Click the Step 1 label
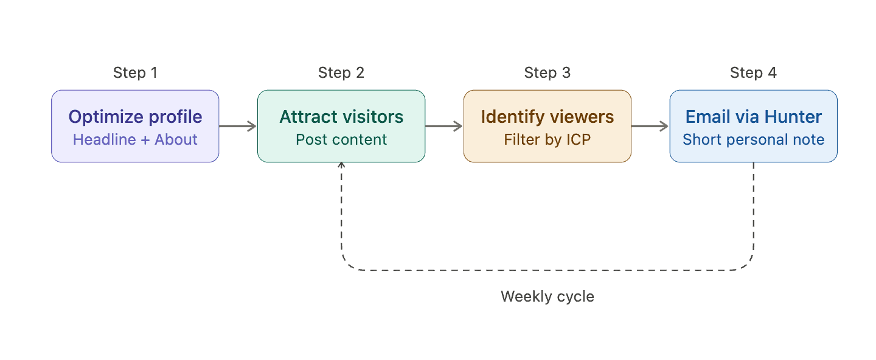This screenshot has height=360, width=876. (135, 73)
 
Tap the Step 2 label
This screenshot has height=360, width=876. (341, 73)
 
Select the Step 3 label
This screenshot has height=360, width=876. (547, 73)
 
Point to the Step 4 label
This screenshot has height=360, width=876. (753, 73)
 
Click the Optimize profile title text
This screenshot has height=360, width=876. (135, 117)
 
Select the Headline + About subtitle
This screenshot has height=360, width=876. (135, 139)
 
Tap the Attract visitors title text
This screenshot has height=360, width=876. (341, 117)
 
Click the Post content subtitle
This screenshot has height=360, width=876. (341, 139)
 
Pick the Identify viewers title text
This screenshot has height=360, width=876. (547, 117)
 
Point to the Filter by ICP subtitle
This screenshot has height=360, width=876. (547, 139)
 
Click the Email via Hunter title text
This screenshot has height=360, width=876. (753, 117)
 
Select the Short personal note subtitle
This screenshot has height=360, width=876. (753, 139)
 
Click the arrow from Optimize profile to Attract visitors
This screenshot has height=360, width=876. (238, 126)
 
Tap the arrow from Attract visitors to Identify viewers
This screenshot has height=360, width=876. (444, 126)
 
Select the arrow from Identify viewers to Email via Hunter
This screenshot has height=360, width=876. (650, 126)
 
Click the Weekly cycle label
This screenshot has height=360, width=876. (547, 297)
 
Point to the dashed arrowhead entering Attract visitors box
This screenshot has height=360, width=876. (341, 165)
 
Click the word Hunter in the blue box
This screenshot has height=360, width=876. (793, 117)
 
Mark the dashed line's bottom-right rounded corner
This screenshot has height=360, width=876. (748, 265)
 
